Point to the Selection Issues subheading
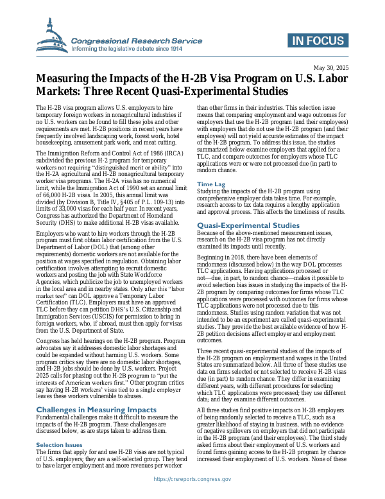point(58,426)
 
